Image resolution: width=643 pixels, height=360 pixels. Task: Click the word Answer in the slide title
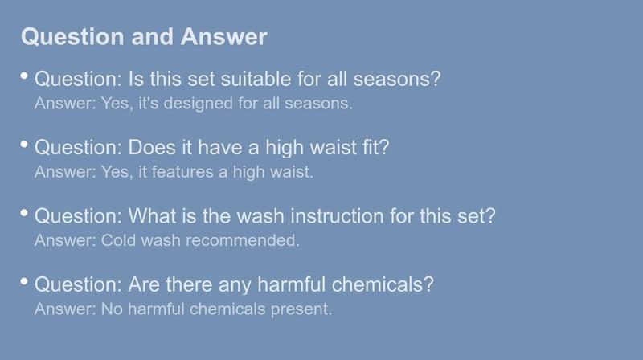[x=224, y=36]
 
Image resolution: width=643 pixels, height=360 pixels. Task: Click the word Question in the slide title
[x=72, y=37]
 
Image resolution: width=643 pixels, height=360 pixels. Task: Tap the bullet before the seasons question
[x=24, y=76]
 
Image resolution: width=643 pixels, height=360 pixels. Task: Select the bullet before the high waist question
[x=24, y=145]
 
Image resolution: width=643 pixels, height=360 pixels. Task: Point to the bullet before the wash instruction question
[x=24, y=213]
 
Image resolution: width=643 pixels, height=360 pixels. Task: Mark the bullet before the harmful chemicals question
[x=24, y=281]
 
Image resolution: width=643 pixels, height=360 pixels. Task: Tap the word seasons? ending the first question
[x=397, y=79]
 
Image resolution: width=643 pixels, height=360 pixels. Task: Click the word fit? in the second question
[x=375, y=147]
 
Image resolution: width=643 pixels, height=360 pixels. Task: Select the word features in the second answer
[x=182, y=172]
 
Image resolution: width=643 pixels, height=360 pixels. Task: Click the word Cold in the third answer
[x=119, y=240]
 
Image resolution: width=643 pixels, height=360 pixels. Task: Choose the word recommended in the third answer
[x=243, y=240]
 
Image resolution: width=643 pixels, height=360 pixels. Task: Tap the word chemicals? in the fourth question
[x=383, y=284]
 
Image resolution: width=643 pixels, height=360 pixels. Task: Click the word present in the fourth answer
[x=301, y=309]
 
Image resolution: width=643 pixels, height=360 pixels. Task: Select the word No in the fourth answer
[x=112, y=309]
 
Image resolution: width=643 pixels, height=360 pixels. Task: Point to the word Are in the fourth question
[x=144, y=284]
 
